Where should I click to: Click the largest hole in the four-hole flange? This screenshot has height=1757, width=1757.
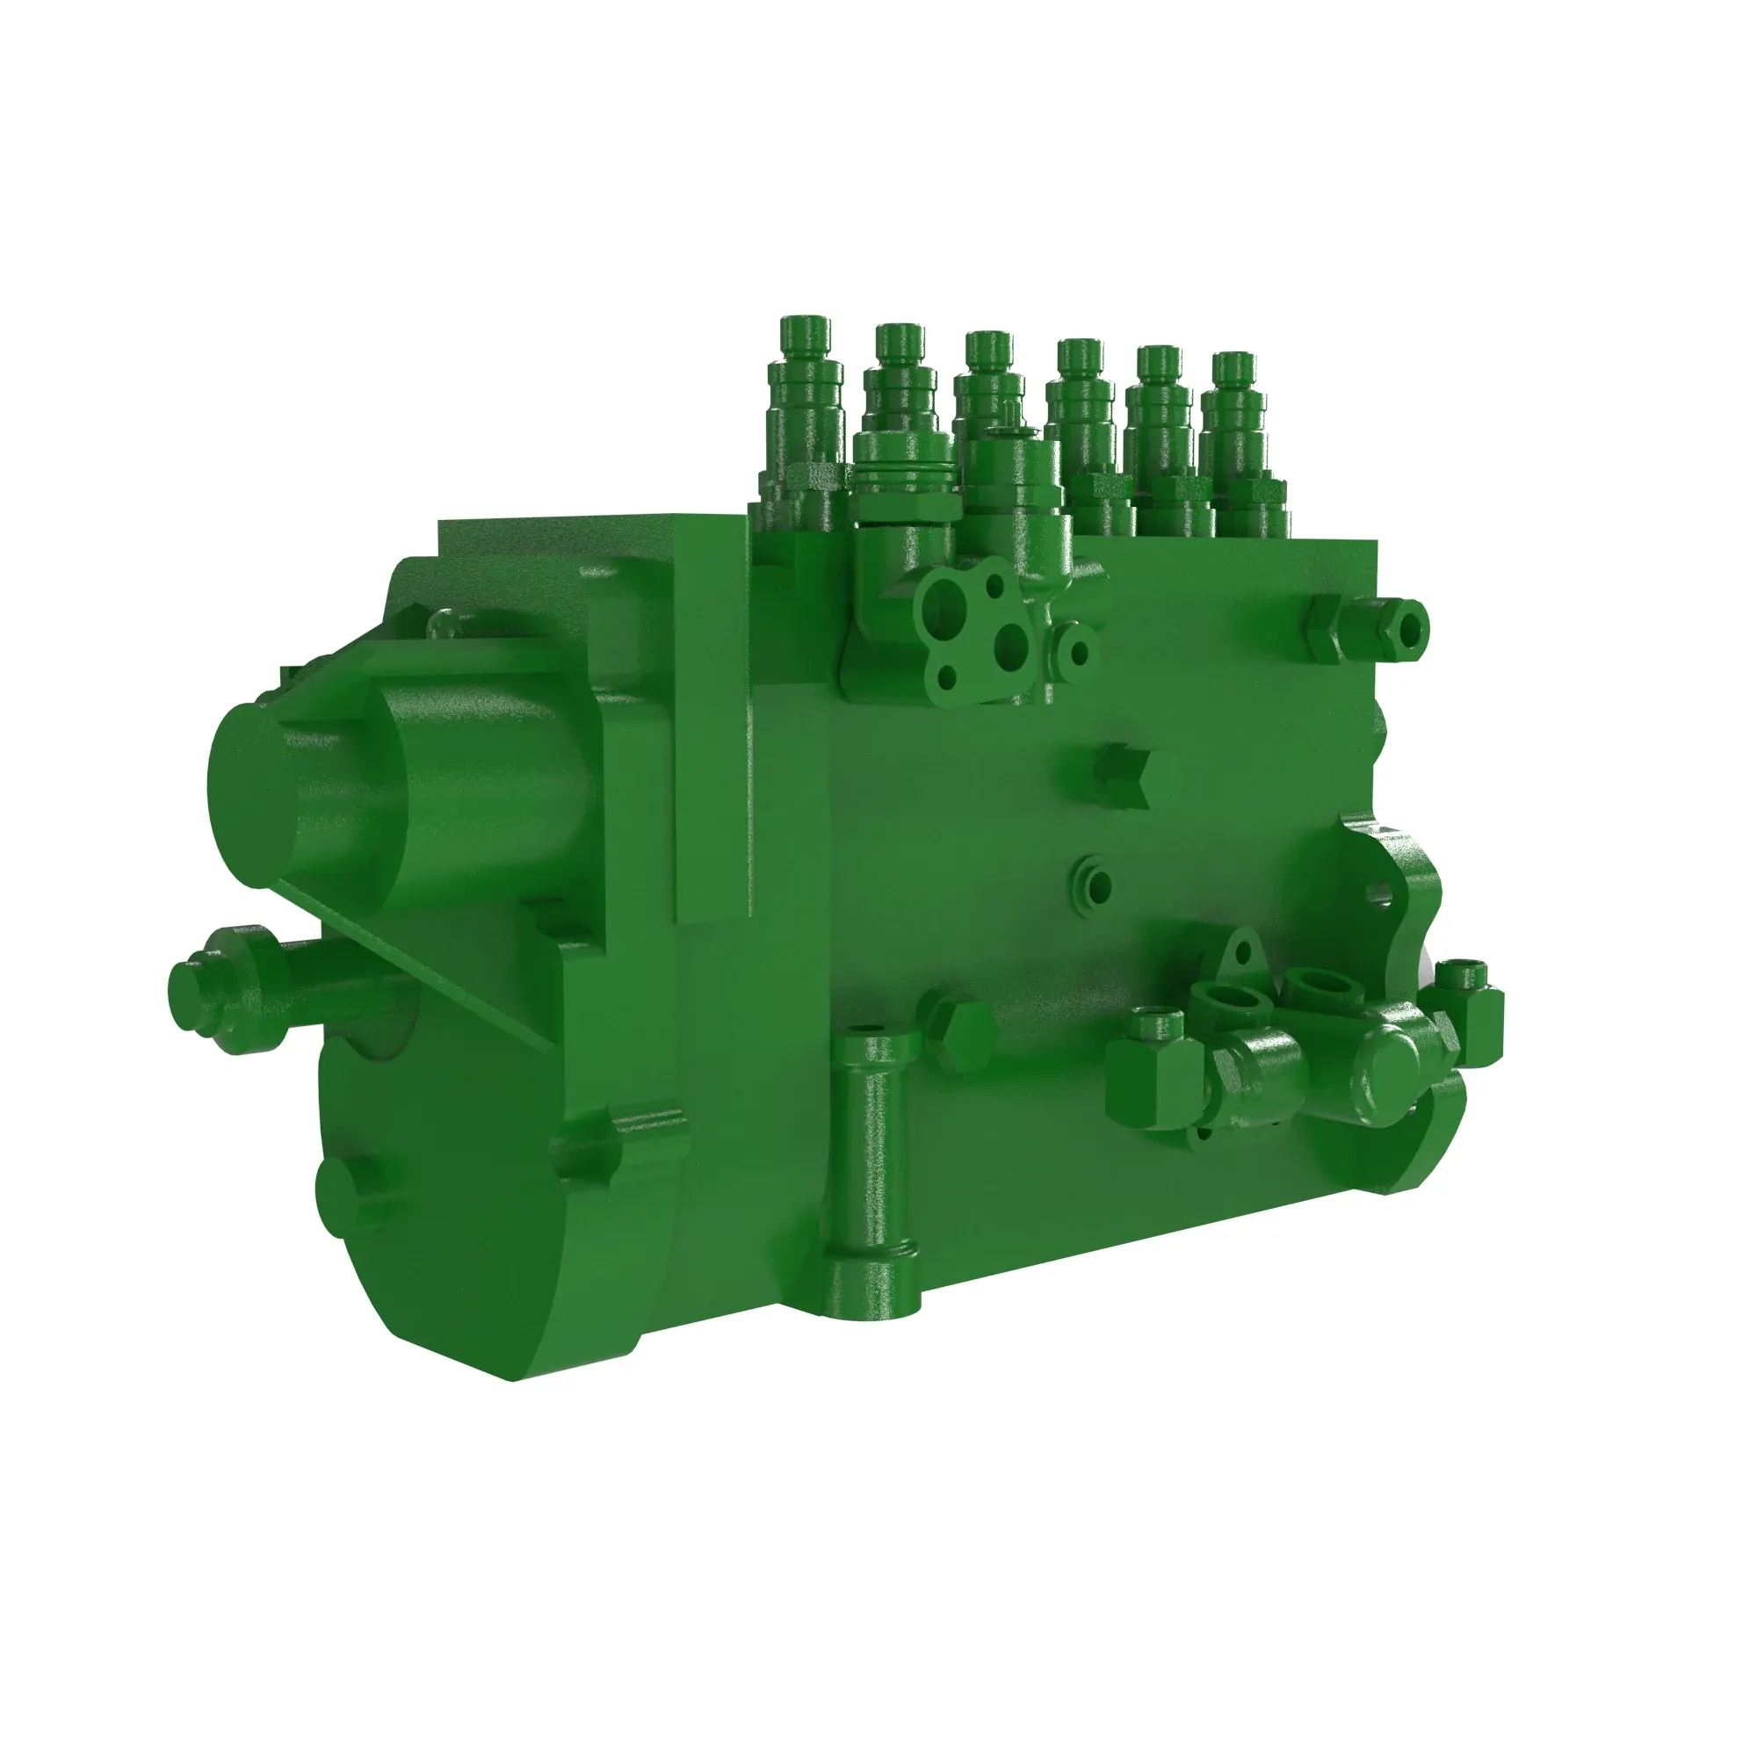pos(937,602)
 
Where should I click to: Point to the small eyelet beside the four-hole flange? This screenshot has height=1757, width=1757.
pos(1080,651)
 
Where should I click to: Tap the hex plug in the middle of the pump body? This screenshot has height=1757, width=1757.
pos(1124,779)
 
